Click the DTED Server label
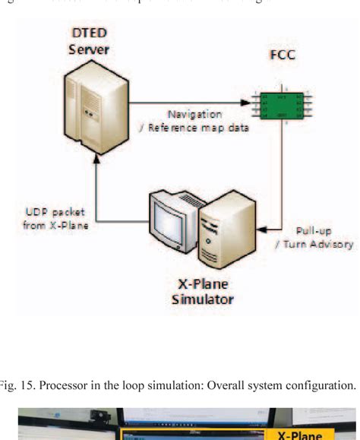(90, 43)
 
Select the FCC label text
(282, 56)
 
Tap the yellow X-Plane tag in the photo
(302, 435)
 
